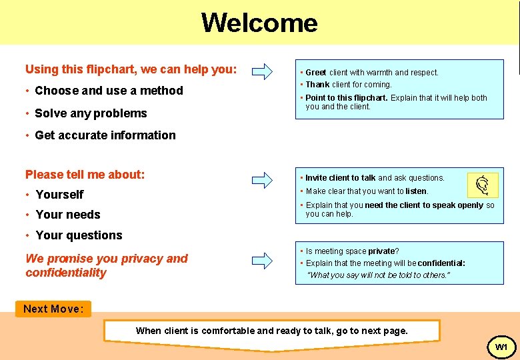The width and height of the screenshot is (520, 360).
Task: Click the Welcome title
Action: [x=259, y=23]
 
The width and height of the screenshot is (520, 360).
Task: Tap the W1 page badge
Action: [x=501, y=347]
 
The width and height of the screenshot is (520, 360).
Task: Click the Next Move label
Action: [x=53, y=309]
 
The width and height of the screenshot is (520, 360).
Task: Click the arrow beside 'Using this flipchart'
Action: [x=263, y=71]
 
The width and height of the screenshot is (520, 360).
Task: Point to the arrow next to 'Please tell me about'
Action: [x=263, y=179]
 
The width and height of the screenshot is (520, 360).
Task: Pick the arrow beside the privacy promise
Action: [x=263, y=259]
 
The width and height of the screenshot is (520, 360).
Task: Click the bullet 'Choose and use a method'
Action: [x=108, y=91]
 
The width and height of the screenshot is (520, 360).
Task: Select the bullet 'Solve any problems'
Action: [x=90, y=113]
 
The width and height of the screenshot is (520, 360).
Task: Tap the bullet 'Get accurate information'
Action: [x=105, y=135]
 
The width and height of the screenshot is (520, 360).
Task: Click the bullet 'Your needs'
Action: [x=67, y=215]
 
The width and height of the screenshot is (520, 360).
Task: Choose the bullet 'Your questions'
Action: [x=79, y=235]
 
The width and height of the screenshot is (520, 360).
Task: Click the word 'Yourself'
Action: [x=59, y=195]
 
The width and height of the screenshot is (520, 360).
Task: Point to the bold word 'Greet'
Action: [x=316, y=73]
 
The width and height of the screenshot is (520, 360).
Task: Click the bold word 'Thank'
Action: [x=317, y=85]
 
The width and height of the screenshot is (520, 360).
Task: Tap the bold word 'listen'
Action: [x=416, y=191]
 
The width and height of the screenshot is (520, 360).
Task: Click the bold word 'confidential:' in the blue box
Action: [x=441, y=263]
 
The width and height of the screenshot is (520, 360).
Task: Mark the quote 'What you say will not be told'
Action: [x=378, y=275]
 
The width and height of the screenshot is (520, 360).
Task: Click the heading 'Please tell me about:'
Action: [x=85, y=175]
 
